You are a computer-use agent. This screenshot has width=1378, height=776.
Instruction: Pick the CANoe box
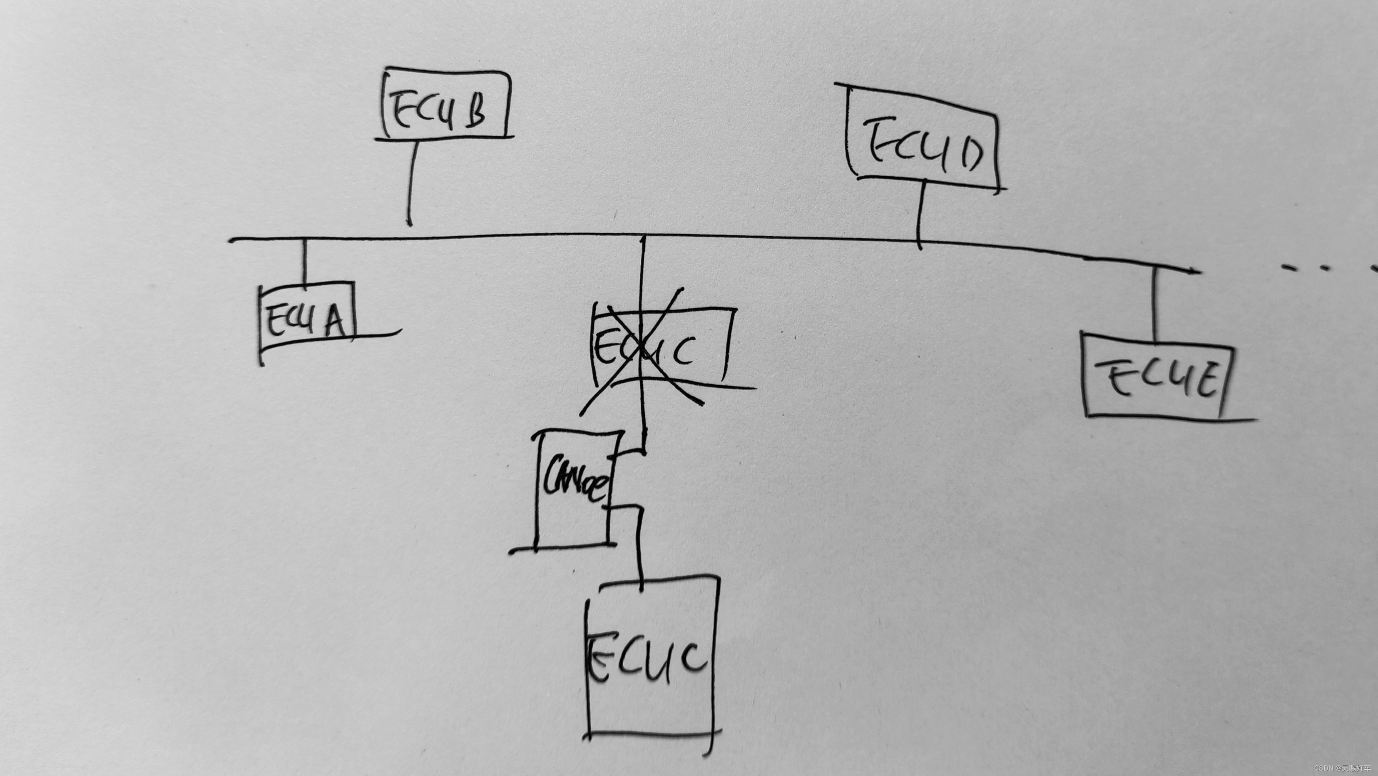(575, 490)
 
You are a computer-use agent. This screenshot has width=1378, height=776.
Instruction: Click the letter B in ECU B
(475, 112)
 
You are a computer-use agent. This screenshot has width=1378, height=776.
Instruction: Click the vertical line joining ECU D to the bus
(920, 214)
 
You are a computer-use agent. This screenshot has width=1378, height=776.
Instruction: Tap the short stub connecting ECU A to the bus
(305, 261)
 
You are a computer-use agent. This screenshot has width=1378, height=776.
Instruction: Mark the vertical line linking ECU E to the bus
(1154, 302)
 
